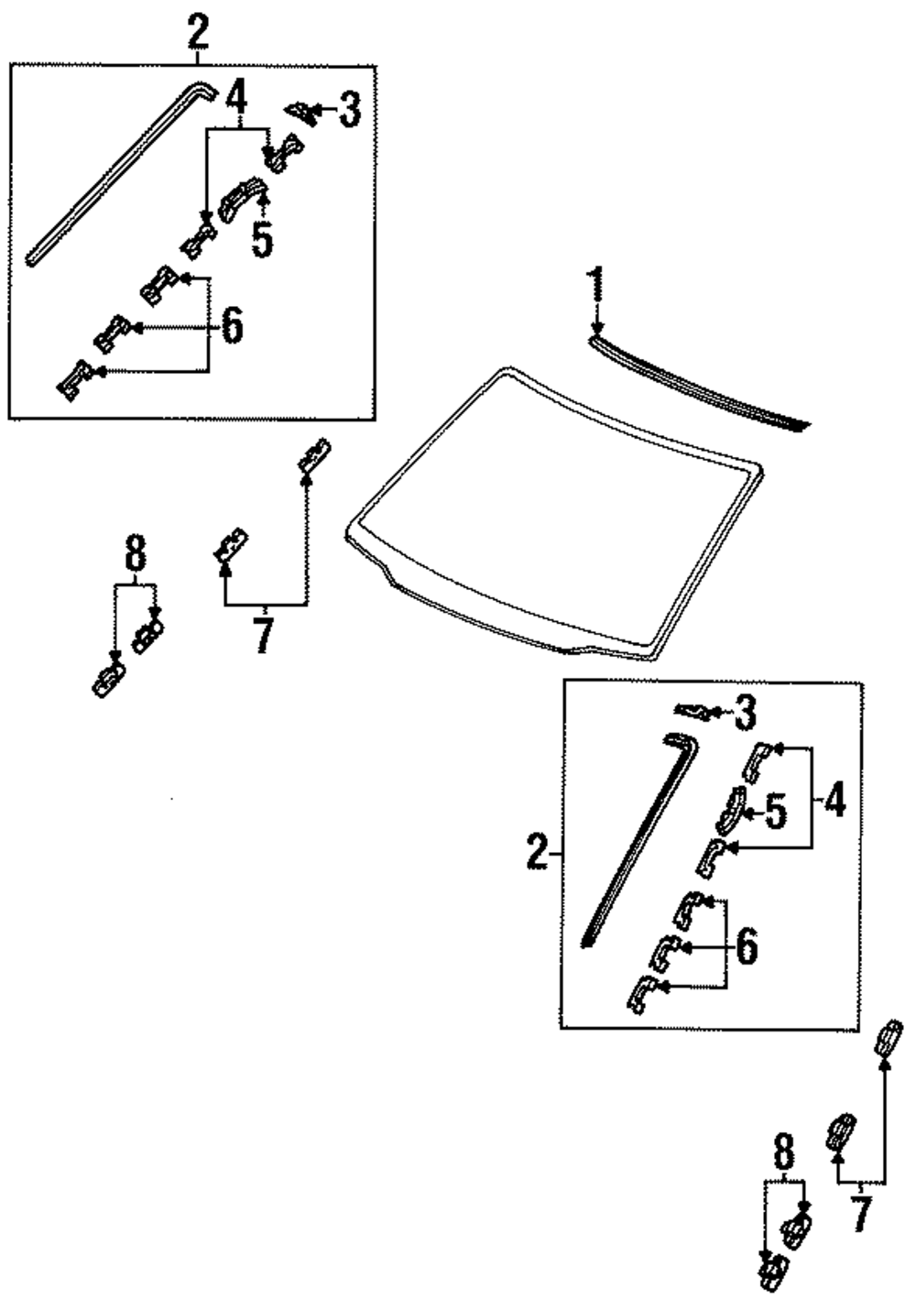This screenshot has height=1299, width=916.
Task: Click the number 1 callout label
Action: point(596,287)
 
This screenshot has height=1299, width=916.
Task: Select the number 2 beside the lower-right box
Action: point(538,854)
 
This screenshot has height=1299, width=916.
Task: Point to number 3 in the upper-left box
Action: point(349,111)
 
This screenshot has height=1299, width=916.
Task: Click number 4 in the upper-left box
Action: point(237,95)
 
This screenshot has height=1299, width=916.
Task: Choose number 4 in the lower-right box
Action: point(834,802)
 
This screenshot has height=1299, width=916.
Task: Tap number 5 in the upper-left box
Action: point(262,239)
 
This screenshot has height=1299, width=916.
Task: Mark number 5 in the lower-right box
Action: point(775,812)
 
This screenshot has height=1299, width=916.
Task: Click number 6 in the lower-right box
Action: point(747,947)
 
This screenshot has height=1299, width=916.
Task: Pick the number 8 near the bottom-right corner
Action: point(784,1152)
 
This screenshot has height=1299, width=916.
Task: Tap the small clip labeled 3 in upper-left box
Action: point(300,112)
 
